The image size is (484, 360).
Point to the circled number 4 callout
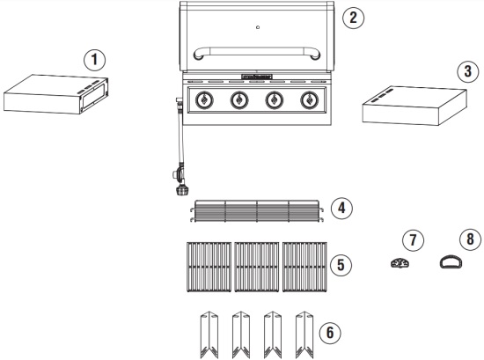(342, 209)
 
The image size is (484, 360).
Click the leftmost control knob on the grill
(203, 101)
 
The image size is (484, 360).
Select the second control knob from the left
(238, 101)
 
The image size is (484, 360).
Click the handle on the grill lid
(256, 50)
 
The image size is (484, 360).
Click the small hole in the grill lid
(257, 26)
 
